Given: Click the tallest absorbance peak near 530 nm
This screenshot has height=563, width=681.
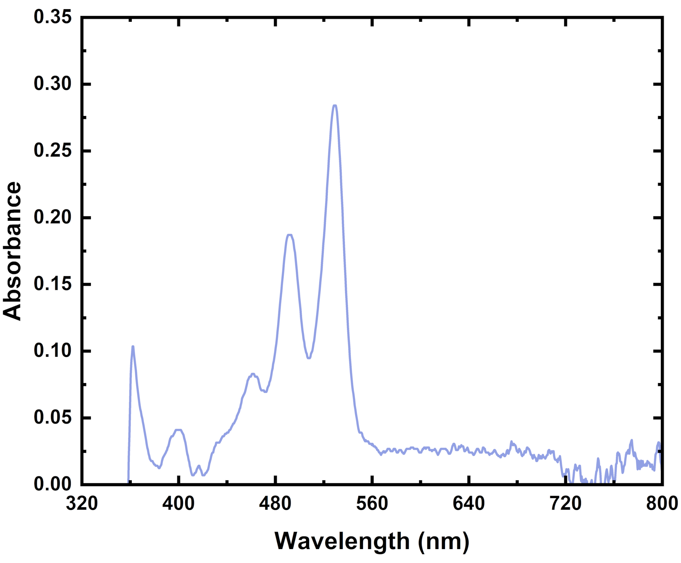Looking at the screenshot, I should [x=335, y=106].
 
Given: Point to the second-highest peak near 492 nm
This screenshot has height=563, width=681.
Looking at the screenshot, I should [x=290, y=235].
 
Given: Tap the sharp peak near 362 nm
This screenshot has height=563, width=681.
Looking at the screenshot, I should [x=133, y=347].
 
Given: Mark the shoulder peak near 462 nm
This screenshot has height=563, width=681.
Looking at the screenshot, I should [x=253, y=374].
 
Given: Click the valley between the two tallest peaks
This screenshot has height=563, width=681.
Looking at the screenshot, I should [x=309, y=358].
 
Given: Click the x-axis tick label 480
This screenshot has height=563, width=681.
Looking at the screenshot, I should [x=275, y=503].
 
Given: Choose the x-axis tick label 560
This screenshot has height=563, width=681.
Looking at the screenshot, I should [x=372, y=503].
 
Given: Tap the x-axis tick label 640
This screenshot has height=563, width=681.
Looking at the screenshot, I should [x=469, y=503].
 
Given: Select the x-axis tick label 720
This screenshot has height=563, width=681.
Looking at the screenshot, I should [x=566, y=503].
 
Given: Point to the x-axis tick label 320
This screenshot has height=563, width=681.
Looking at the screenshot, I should [x=82, y=503].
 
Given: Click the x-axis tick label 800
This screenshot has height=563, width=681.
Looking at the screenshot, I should [x=662, y=503].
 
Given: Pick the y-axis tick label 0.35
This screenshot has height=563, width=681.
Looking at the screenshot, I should [x=53, y=17].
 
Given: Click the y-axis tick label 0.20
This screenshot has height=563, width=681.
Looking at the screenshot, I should [x=53, y=217].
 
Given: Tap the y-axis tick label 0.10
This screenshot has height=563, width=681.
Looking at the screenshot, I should [x=53, y=351].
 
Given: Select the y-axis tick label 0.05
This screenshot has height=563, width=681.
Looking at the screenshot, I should [x=53, y=417].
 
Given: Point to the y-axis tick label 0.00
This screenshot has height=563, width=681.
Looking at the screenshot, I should [x=53, y=484].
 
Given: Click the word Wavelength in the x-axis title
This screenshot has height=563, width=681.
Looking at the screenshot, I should [x=342, y=541].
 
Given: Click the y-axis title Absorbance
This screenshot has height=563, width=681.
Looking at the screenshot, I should [x=12, y=251].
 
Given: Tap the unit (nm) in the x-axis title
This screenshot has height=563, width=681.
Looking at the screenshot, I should [x=443, y=541].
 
